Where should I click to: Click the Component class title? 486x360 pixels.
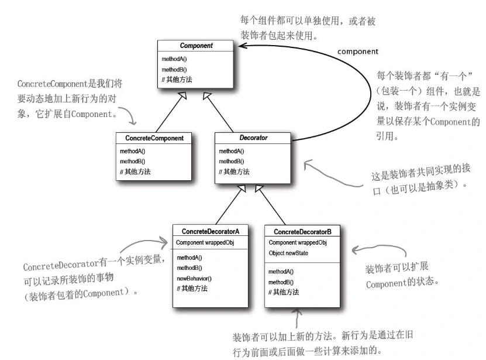[x=197, y=46]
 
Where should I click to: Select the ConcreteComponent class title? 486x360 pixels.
[x=154, y=138]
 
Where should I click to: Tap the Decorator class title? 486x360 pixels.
[x=254, y=138]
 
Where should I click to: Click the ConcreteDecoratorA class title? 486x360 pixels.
[x=215, y=232]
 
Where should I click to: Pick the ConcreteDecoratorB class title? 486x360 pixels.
[x=302, y=232]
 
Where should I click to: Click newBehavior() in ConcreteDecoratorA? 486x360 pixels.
[x=194, y=278]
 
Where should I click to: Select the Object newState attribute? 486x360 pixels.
[x=289, y=253]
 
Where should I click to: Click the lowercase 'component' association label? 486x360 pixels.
[x=358, y=52]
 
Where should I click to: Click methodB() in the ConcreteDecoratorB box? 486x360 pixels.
[x=281, y=282]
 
